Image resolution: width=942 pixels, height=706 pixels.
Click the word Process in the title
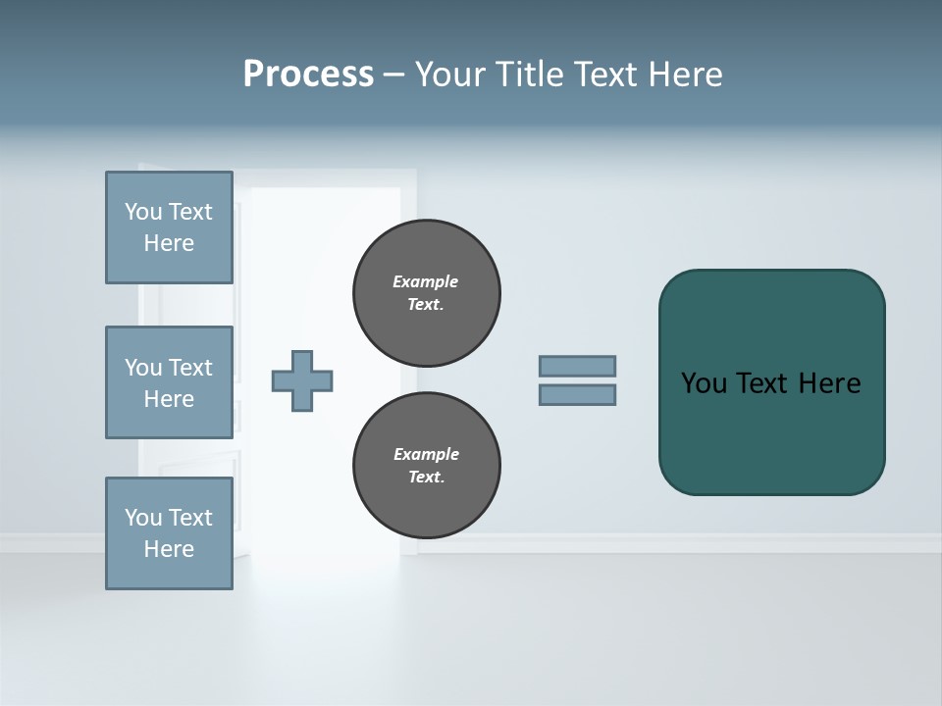[308, 74]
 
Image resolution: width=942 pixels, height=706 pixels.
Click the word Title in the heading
[529, 74]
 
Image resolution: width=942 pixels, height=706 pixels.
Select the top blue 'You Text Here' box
[169, 227]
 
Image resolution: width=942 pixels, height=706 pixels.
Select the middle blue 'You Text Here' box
[169, 382]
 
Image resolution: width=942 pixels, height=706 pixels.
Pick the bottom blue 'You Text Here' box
[169, 532]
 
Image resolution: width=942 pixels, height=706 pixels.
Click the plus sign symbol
[302, 380]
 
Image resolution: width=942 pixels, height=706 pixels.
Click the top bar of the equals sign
[577, 366]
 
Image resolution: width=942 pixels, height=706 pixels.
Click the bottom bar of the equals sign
[577, 395]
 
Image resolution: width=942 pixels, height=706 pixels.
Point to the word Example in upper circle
[426, 281]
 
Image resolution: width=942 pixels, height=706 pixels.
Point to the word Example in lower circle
[426, 454]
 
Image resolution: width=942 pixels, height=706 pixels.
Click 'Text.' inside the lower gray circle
[426, 478]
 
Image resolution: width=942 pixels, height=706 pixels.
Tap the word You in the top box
[143, 212]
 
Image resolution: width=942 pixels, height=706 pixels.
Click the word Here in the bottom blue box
[169, 549]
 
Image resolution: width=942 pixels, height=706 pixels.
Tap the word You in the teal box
[704, 383]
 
